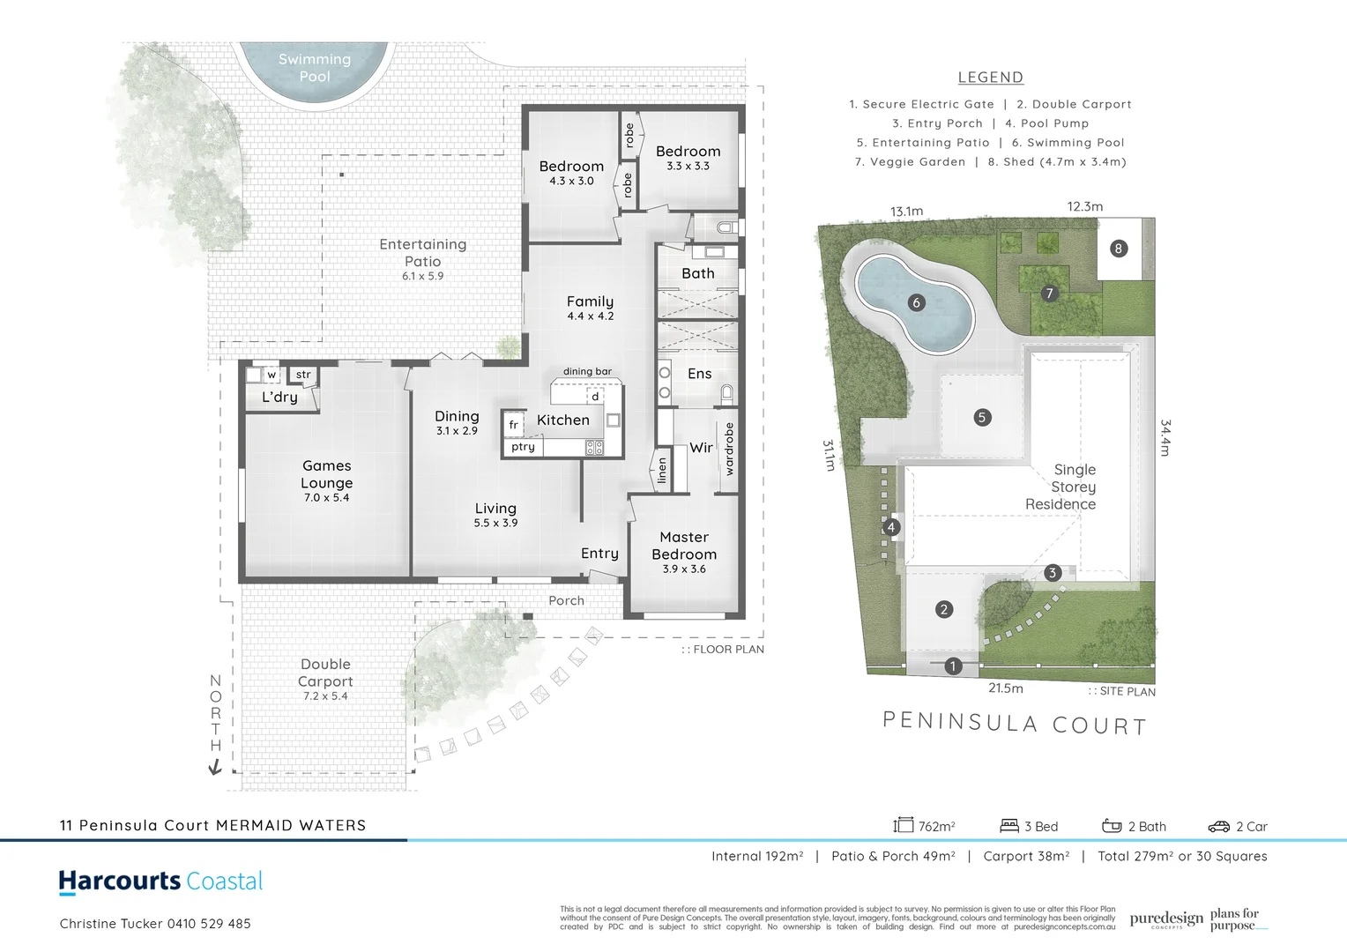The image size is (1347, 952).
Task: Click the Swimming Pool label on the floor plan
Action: click(315, 68)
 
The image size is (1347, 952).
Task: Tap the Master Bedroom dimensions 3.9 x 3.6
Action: click(684, 569)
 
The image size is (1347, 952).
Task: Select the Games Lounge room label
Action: click(327, 474)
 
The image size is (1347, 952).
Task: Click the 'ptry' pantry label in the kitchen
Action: click(523, 447)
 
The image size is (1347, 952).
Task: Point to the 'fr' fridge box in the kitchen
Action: click(514, 425)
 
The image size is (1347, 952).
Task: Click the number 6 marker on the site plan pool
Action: click(916, 303)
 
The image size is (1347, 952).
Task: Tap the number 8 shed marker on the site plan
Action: click(1118, 249)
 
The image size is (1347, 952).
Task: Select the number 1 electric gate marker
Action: click(953, 666)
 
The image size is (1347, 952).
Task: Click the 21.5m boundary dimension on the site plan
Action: click(1005, 688)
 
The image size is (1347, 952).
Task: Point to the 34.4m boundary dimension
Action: click(1165, 437)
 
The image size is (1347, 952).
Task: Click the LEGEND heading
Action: click(991, 78)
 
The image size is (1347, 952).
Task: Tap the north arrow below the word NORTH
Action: click(214, 768)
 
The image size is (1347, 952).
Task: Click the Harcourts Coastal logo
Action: click(160, 881)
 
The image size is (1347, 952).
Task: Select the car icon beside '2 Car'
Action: click(1218, 827)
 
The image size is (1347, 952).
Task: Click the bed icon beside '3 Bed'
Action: click(1009, 826)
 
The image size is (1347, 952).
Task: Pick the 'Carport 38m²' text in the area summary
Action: click(1026, 856)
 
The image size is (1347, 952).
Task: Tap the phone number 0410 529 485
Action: click(209, 924)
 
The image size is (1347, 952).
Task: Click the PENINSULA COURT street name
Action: click(1015, 724)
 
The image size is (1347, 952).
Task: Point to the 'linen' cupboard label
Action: click(662, 471)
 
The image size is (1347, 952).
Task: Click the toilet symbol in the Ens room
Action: click(727, 392)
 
